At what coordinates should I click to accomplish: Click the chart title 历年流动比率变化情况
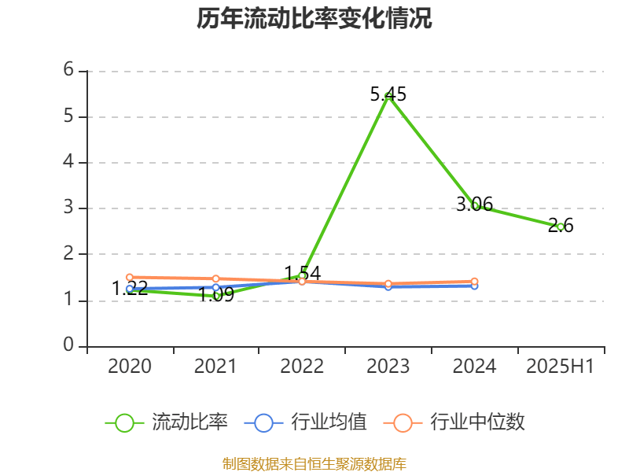[x=314, y=19]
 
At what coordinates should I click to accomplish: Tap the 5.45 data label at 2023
[x=388, y=94]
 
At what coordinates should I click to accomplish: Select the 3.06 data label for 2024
[x=475, y=205]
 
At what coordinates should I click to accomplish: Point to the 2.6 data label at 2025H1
[x=561, y=226]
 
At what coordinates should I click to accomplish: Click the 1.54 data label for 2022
[x=302, y=273]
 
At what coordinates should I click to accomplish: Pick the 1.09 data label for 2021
[x=215, y=295]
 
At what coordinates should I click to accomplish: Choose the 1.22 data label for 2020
[x=130, y=288]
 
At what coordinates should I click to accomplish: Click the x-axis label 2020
[x=130, y=367]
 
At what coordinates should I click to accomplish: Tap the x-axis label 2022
[x=302, y=367]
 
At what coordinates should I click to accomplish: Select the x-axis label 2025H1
[x=560, y=367]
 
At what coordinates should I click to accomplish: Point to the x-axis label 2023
[x=388, y=367]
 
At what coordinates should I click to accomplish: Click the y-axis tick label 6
[x=69, y=70]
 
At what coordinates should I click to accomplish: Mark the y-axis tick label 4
[x=69, y=162]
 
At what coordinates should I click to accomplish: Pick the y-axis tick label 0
[x=69, y=345]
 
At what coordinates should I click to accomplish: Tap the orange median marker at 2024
[x=474, y=281]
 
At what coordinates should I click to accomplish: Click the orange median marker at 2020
[x=130, y=277]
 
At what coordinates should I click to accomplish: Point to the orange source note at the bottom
[x=314, y=463]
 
